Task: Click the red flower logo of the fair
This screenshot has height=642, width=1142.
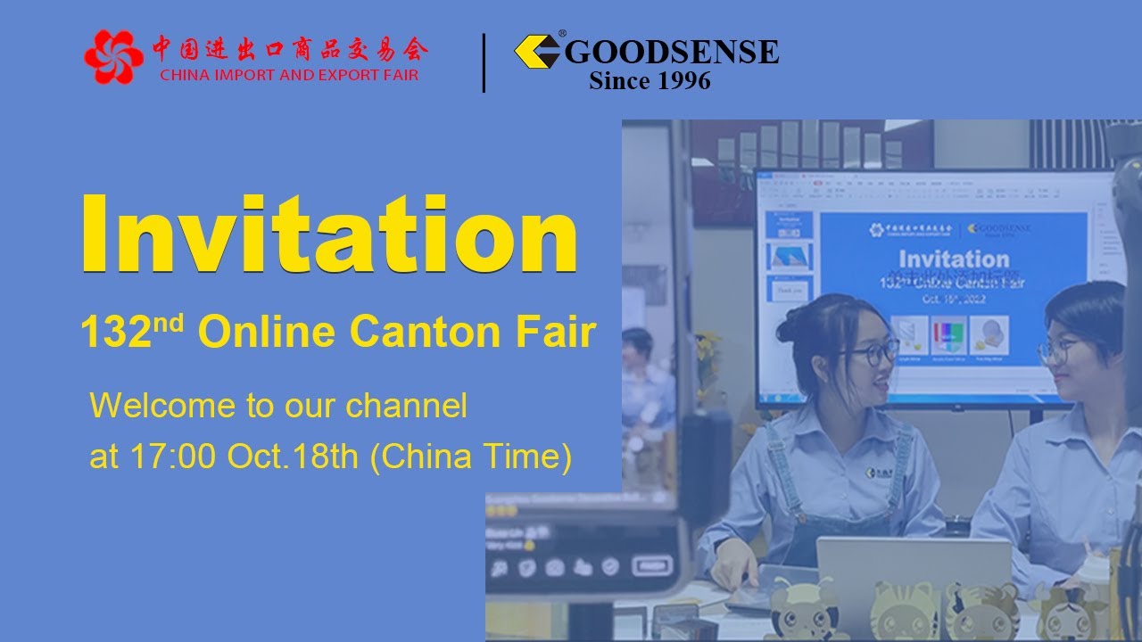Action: (113, 57)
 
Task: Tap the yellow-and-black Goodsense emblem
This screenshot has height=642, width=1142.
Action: (537, 51)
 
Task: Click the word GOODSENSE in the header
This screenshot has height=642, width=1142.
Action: (672, 52)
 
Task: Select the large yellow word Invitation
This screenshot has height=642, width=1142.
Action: (329, 234)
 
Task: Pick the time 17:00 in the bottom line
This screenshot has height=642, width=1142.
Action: (174, 457)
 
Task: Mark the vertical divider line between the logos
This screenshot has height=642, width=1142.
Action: (484, 62)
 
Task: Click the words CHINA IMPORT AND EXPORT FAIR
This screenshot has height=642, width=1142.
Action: (289, 75)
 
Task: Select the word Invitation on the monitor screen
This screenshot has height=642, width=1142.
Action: (954, 259)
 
